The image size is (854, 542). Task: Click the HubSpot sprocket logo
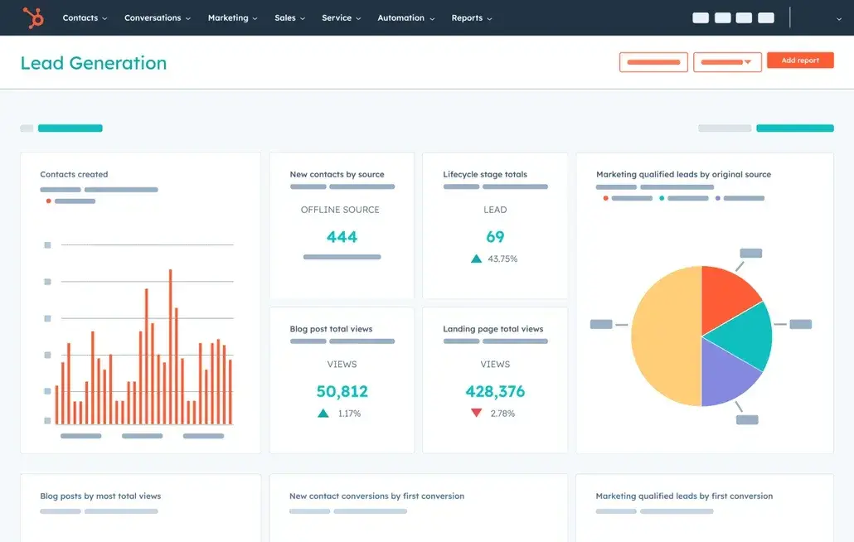point(33,17)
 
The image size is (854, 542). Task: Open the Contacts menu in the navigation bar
point(85,17)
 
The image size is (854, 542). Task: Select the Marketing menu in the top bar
point(232,17)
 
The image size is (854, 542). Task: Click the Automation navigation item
point(405,17)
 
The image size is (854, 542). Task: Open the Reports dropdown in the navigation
point(471,17)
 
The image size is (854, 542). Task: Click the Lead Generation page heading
point(93,63)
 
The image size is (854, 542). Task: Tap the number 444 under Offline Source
point(342,237)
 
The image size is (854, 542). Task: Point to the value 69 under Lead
point(495,237)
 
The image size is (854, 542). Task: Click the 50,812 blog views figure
point(342,391)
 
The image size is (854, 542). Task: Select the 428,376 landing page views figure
point(495,391)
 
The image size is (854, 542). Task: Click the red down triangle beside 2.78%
point(476,413)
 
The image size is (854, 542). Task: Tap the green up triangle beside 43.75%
point(476,259)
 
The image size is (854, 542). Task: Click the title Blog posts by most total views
point(100,496)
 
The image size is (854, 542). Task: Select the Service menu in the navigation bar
point(341,17)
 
